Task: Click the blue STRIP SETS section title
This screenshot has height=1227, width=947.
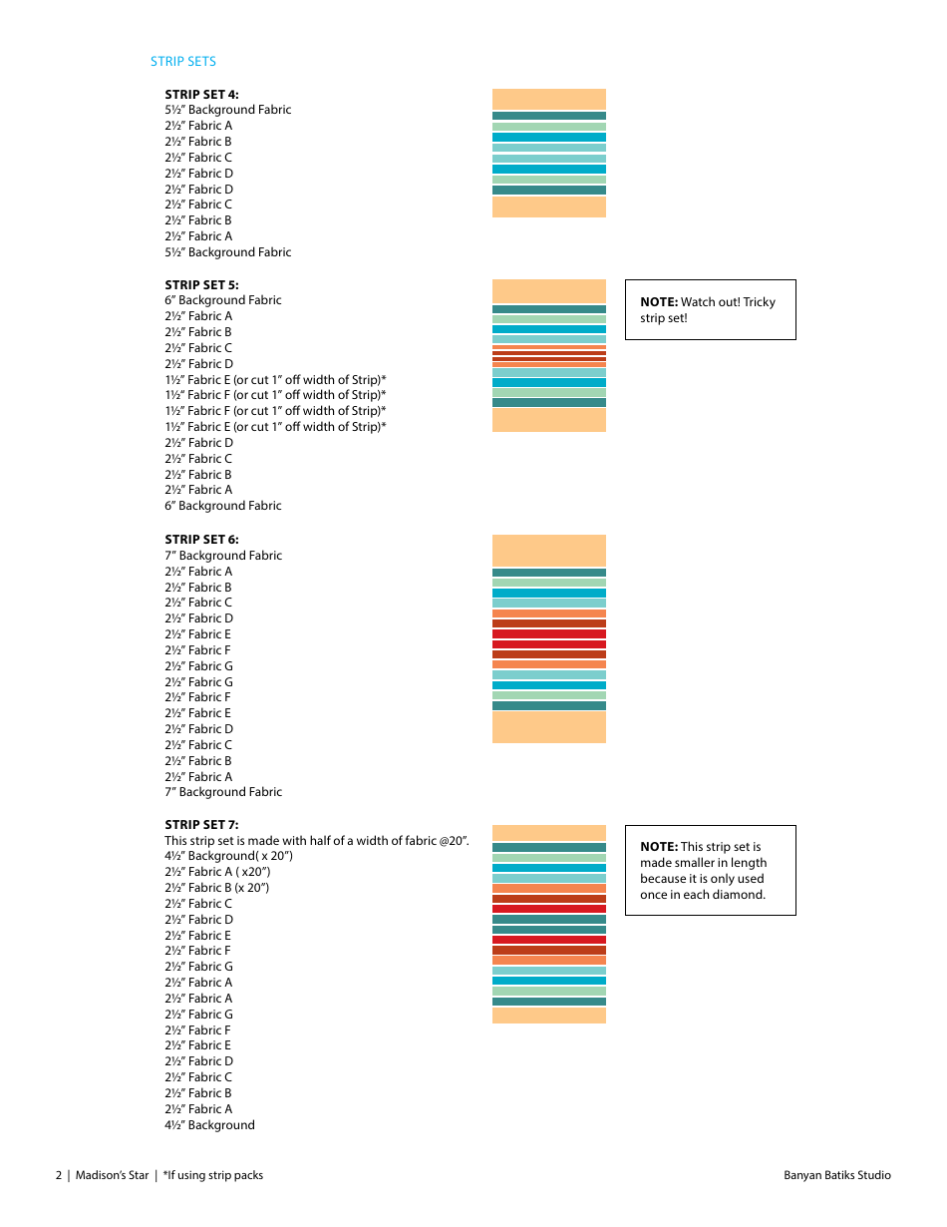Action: [x=183, y=62]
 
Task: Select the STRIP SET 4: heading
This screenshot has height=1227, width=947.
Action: [x=201, y=94]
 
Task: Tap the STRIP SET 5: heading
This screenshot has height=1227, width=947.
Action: [x=201, y=284]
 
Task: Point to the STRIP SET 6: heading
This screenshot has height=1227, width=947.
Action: [x=201, y=540]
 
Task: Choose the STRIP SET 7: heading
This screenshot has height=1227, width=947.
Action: [x=201, y=825]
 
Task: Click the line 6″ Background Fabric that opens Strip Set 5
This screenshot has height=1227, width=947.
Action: [x=223, y=300]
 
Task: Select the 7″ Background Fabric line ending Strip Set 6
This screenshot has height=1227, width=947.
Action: [x=223, y=792]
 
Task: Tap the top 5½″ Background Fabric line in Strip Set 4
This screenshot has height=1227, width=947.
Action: [x=228, y=110]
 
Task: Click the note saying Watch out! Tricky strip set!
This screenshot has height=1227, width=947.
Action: [x=710, y=309]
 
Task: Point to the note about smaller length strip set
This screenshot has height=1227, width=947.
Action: [x=710, y=870]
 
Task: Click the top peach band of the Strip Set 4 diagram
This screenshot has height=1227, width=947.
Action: [x=548, y=99]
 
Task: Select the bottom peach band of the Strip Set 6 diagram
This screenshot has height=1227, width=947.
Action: [x=548, y=727]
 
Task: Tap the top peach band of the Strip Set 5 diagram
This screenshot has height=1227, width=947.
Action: [x=548, y=291]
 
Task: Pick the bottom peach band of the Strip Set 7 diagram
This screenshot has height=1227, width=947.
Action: [x=548, y=1016]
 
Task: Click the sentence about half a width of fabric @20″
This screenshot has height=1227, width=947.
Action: [x=317, y=841]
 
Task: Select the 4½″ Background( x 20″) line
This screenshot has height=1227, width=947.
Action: [x=229, y=856]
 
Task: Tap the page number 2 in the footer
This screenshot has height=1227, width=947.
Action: [x=59, y=1175]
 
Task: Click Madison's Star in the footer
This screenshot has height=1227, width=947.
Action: [x=112, y=1175]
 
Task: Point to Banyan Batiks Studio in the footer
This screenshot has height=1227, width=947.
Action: [x=837, y=1175]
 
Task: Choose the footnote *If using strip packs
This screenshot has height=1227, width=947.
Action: [x=213, y=1175]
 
